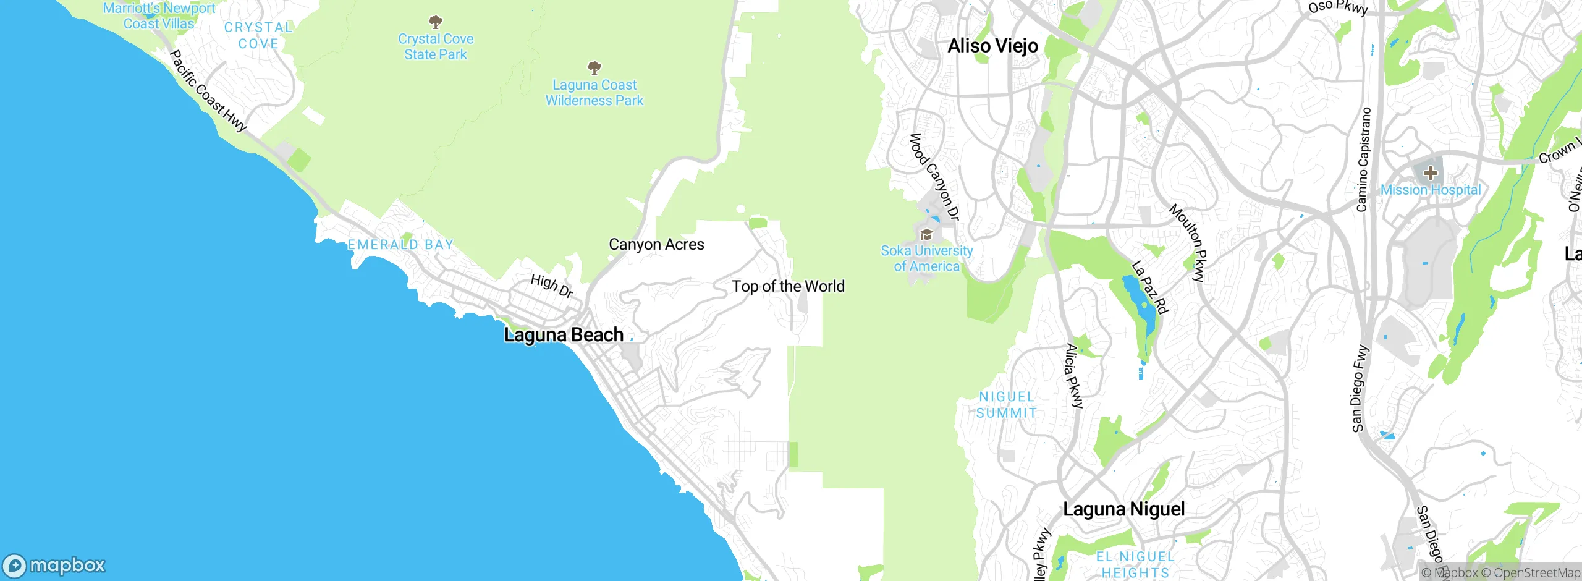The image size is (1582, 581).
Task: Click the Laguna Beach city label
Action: pos(564,335)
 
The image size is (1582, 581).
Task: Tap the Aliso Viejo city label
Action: pos(992,46)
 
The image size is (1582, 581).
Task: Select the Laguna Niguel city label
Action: pos(1123,509)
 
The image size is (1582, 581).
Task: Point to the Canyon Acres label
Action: pos(656,245)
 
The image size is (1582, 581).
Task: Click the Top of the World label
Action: pos(788,287)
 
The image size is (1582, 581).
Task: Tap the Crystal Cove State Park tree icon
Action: pos(436,23)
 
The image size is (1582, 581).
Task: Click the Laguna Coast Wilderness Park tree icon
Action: pos(594,67)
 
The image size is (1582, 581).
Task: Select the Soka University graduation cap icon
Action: pos(926,235)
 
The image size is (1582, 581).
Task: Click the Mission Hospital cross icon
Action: pos(1430,174)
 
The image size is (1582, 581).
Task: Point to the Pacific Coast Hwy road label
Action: pos(208,91)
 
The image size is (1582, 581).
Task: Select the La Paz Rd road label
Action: pos(1150,287)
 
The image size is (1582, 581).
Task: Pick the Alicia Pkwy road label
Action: pos(1074,376)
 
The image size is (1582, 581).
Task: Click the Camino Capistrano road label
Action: pos(1363,159)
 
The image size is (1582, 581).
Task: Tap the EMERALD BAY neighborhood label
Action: pos(400,245)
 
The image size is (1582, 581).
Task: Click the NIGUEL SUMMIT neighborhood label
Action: pos(1007,405)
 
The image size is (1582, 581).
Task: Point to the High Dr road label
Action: pos(552,286)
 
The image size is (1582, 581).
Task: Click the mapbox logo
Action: pos(54,565)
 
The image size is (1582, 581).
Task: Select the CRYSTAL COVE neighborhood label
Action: pos(258,36)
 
